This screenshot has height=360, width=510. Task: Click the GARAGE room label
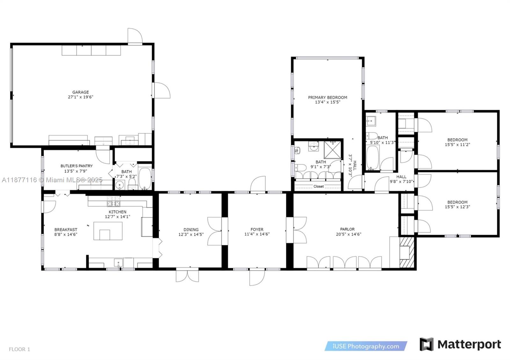(80, 92)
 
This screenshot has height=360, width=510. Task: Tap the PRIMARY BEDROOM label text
(327, 97)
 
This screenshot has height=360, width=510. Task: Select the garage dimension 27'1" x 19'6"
(80, 97)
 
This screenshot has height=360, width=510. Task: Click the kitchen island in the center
(108, 231)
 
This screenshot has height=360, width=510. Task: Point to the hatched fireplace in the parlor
(407, 252)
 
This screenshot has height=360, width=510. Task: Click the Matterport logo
(460, 344)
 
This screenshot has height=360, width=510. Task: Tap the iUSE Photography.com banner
(366, 346)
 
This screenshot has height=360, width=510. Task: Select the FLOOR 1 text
(19, 349)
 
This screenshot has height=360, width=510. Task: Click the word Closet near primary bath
(318, 186)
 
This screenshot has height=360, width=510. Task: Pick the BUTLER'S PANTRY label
(76, 166)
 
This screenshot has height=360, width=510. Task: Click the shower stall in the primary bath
(332, 149)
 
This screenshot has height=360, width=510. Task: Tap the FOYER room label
(257, 229)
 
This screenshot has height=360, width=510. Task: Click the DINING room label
(191, 229)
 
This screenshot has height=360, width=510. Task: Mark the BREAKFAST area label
(66, 229)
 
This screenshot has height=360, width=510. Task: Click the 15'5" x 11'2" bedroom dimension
(457, 144)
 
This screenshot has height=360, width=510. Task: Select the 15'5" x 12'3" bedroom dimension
(457, 207)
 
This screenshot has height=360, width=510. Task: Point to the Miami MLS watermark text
(52, 180)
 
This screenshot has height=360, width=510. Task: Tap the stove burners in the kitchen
(113, 203)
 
